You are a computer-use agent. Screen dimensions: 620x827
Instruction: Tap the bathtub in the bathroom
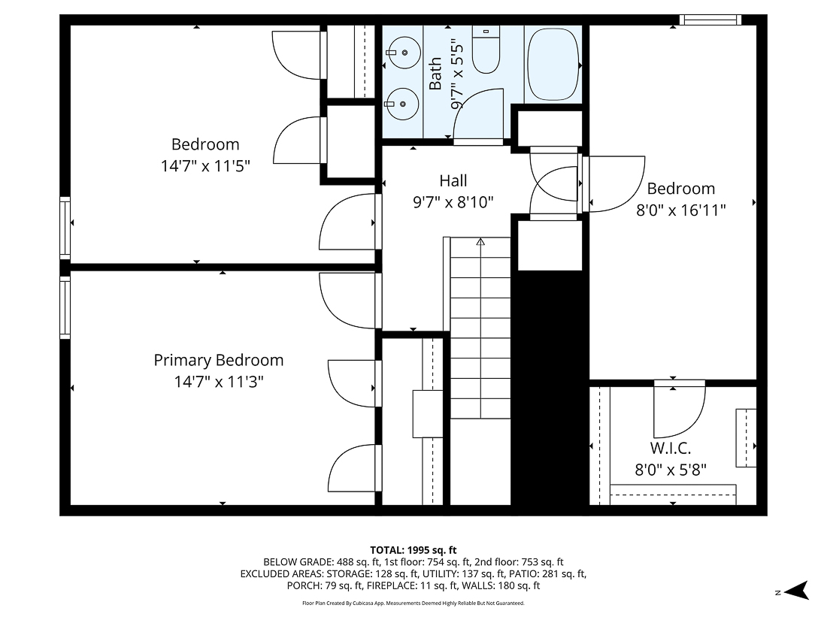click(x=553, y=65)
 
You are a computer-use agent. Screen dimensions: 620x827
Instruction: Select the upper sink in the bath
click(x=405, y=53)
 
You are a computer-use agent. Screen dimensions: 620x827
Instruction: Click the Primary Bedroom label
click(x=219, y=360)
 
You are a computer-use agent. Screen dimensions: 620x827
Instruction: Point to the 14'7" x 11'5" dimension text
click(x=205, y=166)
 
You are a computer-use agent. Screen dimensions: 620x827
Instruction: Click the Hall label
click(x=453, y=180)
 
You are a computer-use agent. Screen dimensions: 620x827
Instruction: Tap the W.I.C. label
click(x=671, y=449)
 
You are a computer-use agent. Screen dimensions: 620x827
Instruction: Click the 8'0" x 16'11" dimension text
click(x=681, y=210)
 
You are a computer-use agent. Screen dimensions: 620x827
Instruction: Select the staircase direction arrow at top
click(x=480, y=242)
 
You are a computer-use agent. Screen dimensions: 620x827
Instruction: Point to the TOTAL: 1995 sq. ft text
click(x=413, y=549)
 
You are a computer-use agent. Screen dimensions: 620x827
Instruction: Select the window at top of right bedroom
click(x=710, y=20)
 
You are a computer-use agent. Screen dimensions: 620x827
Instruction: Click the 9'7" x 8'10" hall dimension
click(x=453, y=201)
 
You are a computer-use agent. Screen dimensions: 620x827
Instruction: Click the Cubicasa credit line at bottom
click(x=413, y=603)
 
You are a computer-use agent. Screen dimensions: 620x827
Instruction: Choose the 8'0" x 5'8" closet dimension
click(x=671, y=470)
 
